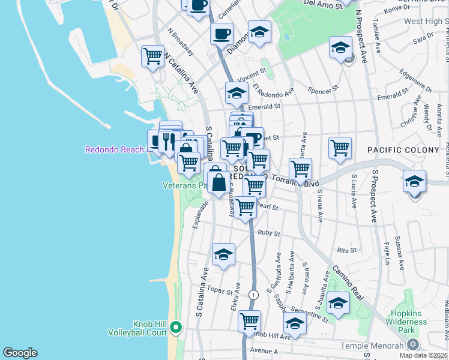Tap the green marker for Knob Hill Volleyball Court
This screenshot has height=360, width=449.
pos(175,328)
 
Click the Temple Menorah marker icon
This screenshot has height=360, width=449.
pos(412,345)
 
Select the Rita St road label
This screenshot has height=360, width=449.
pos(347,250)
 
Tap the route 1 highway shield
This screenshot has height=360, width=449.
pos(255,295)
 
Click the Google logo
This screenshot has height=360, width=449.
pos(20,353)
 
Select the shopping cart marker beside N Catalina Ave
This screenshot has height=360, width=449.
pos(153,56)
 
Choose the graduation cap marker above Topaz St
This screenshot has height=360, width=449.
pos(223,254)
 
